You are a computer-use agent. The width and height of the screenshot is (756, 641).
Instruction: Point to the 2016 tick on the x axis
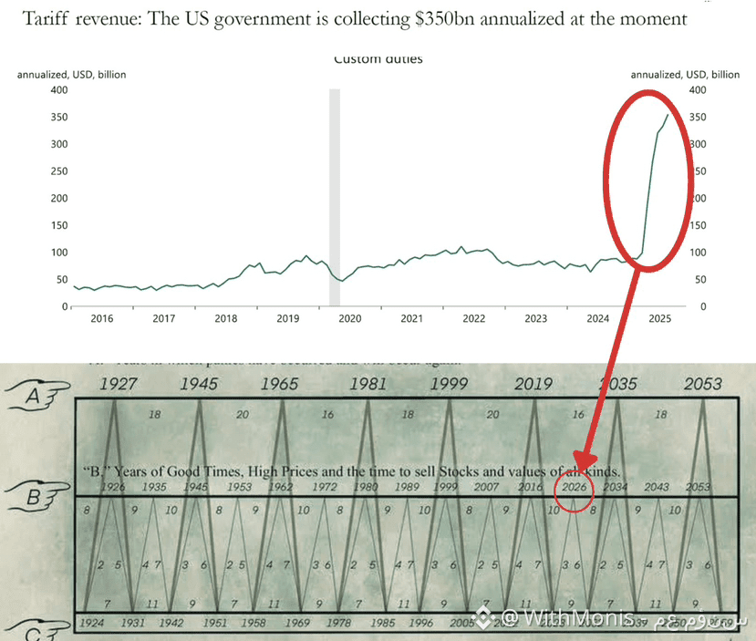pyautogui.click(x=101, y=319)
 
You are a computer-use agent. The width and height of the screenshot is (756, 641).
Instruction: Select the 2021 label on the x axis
pyautogui.click(x=411, y=319)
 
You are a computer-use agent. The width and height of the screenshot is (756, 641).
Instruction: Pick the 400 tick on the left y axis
pyautogui.click(x=59, y=90)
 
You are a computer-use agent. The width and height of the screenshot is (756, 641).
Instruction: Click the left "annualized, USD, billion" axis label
pyautogui.click(x=72, y=75)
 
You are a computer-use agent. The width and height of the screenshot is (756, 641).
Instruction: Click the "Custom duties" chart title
pyautogui.click(x=378, y=60)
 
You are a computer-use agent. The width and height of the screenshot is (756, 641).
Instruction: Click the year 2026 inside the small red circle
pyautogui.click(x=575, y=488)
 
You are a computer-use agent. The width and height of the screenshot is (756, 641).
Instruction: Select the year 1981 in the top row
pyautogui.click(x=368, y=384)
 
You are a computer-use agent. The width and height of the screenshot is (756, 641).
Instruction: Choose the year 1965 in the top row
pyautogui.click(x=279, y=384)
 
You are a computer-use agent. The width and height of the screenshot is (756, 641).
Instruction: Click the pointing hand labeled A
pyautogui.click(x=36, y=395)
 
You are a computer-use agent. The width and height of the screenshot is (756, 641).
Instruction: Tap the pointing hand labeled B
pyautogui.click(x=36, y=499)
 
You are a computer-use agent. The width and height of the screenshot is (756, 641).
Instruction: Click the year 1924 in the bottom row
pyautogui.click(x=91, y=623)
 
